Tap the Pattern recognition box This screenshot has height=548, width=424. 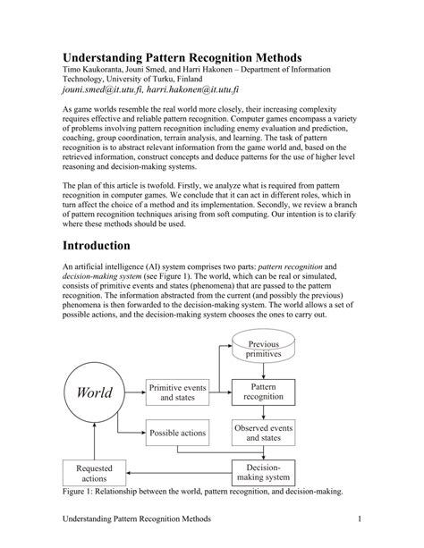point(264,392)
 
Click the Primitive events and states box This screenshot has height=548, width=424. point(178,392)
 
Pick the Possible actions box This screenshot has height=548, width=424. point(178,434)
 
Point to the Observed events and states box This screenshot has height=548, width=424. point(264,434)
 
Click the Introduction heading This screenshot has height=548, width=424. point(97,245)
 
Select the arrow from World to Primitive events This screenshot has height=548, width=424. point(134,392)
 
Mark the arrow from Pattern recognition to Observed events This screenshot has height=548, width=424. point(264,412)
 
